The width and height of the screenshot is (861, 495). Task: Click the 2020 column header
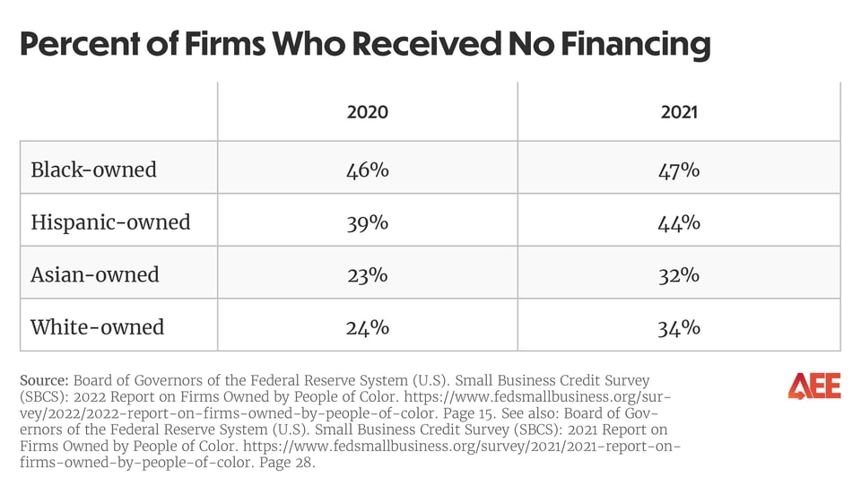[x=367, y=112]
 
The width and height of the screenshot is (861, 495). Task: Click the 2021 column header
[x=679, y=112]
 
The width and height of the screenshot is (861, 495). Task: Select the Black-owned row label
[x=93, y=169]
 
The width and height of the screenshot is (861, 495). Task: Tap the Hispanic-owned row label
[x=110, y=221]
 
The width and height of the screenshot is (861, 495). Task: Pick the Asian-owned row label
[x=94, y=274]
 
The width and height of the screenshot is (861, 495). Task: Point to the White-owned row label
[x=97, y=327]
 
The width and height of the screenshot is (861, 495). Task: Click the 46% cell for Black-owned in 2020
[x=367, y=169]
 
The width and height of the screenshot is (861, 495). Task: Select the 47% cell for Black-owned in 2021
[x=679, y=169]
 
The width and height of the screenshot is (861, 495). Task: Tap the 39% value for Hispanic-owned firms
[x=367, y=221]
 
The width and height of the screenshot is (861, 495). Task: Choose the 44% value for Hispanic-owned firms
[x=679, y=221]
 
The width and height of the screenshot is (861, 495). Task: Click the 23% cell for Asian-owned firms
[x=367, y=274]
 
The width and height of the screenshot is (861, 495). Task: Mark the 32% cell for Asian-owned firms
[x=679, y=274]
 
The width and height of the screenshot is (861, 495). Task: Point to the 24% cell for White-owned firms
[x=367, y=327]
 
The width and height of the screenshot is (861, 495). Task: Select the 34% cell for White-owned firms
[x=679, y=327]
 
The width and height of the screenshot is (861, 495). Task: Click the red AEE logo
[x=813, y=386]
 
